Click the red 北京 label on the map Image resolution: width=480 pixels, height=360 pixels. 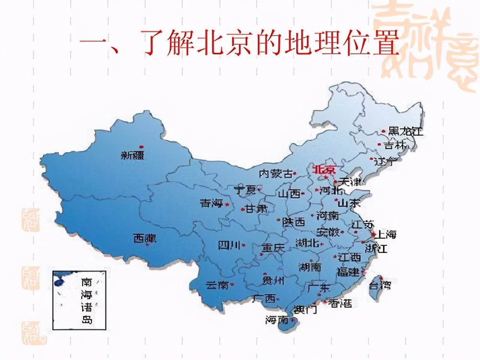pyautogui.click(x=325, y=170)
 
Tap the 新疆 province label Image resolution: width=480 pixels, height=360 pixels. pyautogui.click(x=132, y=155)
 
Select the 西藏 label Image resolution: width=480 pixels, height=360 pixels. pyautogui.click(x=144, y=238)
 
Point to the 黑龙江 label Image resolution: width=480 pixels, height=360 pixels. pyautogui.click(x=406, y=131)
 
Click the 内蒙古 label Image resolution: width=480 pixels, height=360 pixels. pyautogui.click(x=275, y=173)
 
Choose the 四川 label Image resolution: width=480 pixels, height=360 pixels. pyautogui.click(x=228, y=246)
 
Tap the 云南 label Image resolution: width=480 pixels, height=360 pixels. pyautogui.click(x=217, y=285)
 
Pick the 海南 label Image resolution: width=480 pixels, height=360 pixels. pyautogui.click(x=276, y=320)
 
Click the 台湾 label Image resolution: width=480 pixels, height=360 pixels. pyautogui.click(x=379, y=286)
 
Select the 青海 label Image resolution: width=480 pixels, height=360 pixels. pyautogui.click(x=211, y=204)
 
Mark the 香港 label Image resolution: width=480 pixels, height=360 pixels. pyautogui.click(x=340, y=303)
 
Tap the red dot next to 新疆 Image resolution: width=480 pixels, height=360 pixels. pyautogui.click(x=141, y=146)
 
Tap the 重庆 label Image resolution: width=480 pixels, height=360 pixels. pyautogui.click(x=273, y=248)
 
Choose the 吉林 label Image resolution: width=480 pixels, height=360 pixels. pyautogui.click(x=395, y=144)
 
